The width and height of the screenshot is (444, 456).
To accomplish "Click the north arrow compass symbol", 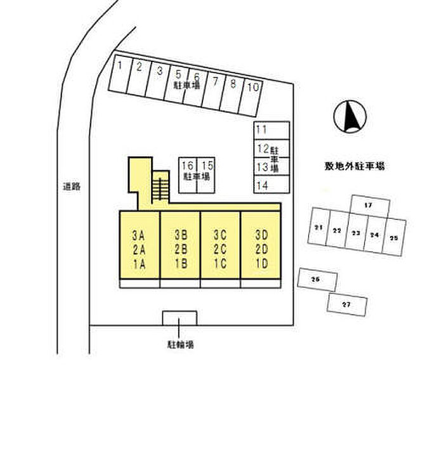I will [x=349, y=116].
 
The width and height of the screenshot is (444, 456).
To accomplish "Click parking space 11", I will [x=271, y=129].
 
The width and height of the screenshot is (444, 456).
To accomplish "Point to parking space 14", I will [x=271, y=185].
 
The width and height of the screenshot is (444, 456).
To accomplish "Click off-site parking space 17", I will [x=369, y=205].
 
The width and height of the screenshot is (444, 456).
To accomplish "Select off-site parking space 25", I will [x=393, y=238].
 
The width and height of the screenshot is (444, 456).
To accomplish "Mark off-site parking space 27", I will [x=346, y=304].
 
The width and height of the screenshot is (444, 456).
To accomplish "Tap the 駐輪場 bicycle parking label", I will [x=181, y=345].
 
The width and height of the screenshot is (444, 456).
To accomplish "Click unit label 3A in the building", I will [x=140, y=235].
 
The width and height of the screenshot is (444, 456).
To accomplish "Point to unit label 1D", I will [x=261, y=264].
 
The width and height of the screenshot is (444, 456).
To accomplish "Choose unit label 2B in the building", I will [x=180, y=249].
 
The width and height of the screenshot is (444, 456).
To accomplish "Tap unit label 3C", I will [x=220, y=235].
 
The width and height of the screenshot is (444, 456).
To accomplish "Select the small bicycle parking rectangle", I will [x=180, y=317].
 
